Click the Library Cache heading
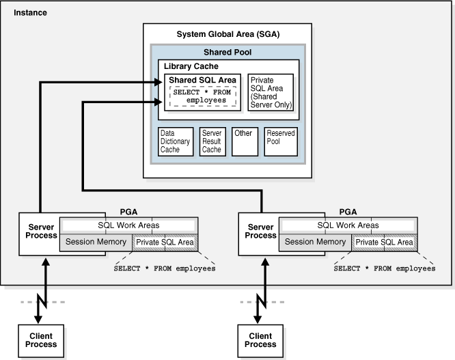191,66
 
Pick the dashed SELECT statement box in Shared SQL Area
202,96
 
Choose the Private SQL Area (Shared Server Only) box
271,93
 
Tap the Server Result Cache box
211,141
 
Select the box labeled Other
245,141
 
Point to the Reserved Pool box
281,141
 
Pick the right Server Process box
260,234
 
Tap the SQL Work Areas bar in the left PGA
129,225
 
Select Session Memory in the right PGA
316,242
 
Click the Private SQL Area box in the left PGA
165,242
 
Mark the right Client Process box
260,340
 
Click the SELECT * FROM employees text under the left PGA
164,268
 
